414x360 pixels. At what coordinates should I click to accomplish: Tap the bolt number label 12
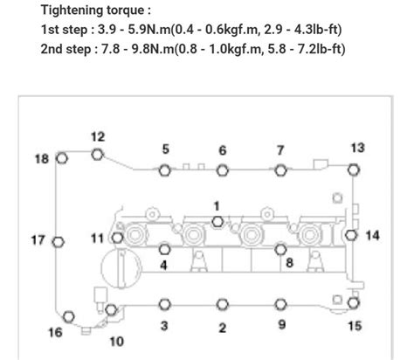[98, 136]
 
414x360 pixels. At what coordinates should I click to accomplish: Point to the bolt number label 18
[41, 158]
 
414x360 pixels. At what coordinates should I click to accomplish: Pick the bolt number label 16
[55, 332]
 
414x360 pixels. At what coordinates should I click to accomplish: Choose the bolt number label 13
[357, 147]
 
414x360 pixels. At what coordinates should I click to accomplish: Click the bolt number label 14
[373, 235]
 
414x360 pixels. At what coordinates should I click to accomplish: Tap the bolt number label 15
[355, 327]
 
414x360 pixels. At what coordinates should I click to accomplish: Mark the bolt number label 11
[97, 238]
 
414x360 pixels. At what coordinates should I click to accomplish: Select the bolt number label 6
[222, 150]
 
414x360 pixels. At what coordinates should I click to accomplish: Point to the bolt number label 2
[222, 328]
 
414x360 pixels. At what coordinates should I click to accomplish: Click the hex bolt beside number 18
[62, 158]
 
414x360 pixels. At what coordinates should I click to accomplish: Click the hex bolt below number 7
[280, 170]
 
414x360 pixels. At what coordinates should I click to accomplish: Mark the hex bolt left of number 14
[350, 235]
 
